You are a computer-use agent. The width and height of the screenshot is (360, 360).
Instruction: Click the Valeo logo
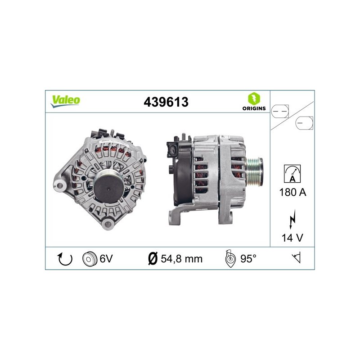(65, 101)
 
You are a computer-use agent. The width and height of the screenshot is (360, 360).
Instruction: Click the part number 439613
(166, 102)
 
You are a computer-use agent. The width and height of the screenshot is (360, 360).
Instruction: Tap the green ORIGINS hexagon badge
(254, 99)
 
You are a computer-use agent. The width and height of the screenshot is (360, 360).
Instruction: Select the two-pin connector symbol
(280, 111)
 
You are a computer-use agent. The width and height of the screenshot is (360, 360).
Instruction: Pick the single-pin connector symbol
(304, 123)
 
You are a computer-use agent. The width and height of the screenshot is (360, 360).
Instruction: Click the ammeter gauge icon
(292, 174)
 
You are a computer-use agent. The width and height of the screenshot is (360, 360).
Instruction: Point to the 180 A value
(293, 192)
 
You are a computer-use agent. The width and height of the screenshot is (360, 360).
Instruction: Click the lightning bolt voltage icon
(292, 219)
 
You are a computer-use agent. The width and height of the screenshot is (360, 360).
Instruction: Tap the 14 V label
(292, 238)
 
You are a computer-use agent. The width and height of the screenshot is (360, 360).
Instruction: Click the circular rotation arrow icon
(65, 259)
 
